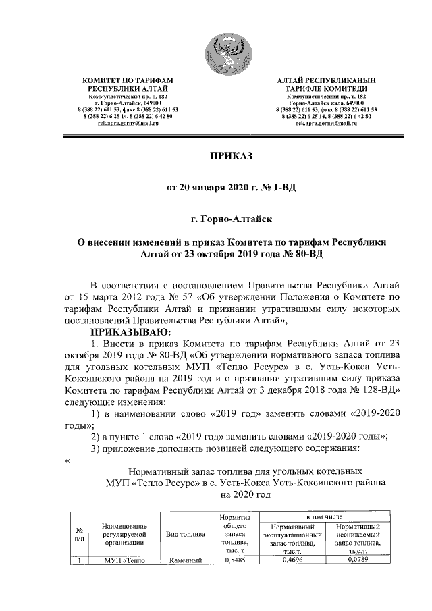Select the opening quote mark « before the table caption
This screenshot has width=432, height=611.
[67, 460]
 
